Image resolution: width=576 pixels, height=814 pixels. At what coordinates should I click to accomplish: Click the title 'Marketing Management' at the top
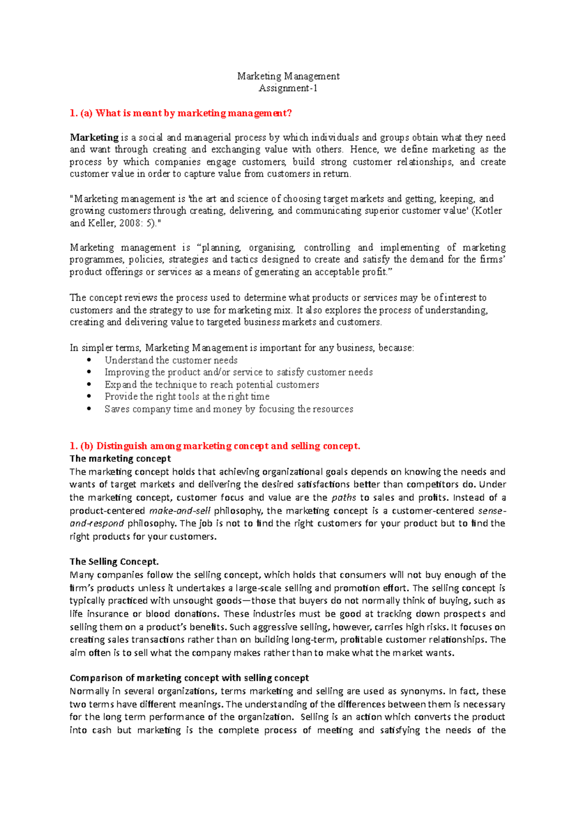click(288, 76)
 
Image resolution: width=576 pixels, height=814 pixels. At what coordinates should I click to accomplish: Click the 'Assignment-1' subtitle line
click(288, 88)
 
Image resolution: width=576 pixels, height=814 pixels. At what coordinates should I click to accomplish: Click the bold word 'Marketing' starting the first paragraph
click(94, 138)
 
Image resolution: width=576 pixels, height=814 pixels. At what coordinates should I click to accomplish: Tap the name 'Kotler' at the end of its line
click(488, 210)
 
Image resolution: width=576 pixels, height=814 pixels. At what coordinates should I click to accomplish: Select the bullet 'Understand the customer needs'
click(171, 360)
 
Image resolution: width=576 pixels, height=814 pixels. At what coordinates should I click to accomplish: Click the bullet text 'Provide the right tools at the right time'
click(187, 396)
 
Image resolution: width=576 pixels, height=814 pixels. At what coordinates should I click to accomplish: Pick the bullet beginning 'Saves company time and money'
click(228, 409)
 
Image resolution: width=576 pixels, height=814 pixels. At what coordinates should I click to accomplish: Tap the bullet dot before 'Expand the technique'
click(89, 384)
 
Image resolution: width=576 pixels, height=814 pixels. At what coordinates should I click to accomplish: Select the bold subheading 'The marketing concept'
click(120, 459)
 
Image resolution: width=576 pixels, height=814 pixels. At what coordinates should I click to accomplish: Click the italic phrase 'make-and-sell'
click(180, 511)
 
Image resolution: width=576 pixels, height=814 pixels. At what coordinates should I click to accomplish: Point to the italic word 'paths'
click(344, 498)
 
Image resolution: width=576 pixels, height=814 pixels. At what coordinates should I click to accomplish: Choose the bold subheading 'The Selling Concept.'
click(114, 561)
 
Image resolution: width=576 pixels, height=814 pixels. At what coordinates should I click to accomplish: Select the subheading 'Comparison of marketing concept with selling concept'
click(189, 678)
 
